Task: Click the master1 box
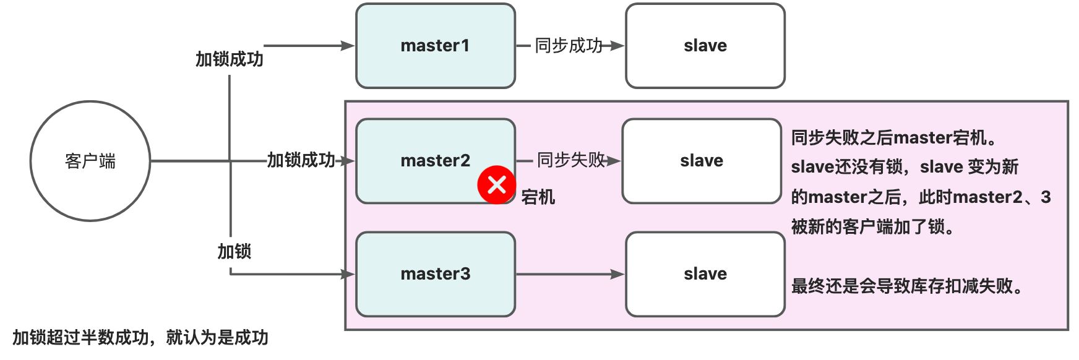pos(436,46)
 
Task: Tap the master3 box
pos(436,274)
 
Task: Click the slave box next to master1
pos(705,46)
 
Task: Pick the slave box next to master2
pos(702,161)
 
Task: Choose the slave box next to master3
pos(705,274)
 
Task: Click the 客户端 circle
pos(90,161)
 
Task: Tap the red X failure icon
pos(496,184)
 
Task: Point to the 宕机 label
pos(538,197)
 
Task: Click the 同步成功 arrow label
pos(568,46)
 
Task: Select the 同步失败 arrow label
pos(570,160)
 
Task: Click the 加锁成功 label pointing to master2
pos(301,160)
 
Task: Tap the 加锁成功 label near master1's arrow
pos(230,59)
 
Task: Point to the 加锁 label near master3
pos(234,252)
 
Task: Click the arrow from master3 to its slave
pos(569,274)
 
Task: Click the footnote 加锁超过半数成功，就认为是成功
pos(140,338)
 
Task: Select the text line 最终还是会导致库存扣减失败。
pos(908,286)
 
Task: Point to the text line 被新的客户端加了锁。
pos(873,227)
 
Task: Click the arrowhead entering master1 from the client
pos(348,46)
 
